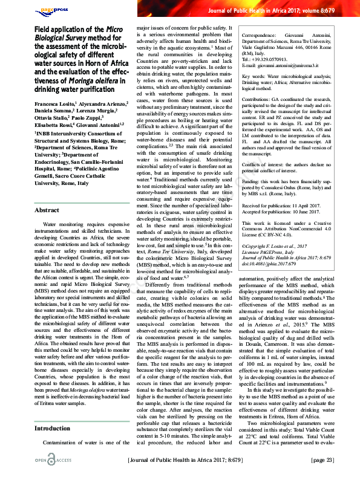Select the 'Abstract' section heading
pyautogui.click(x=47, y=210)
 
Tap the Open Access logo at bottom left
pyautogui.click(x=52, y=461)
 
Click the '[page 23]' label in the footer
pyautogui.click(x=322, y=461)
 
